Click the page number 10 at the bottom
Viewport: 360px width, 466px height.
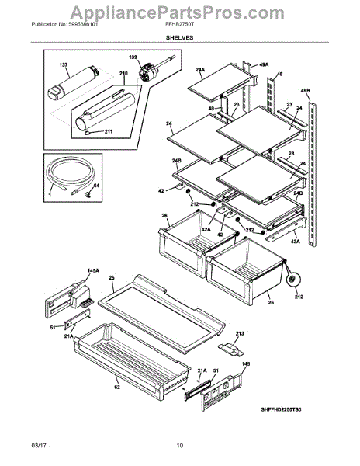pyautogui.click(x=179, y=445)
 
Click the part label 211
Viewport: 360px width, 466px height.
pyautogui.click(x=108, y=131)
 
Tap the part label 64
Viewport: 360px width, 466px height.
pyautogui.click(x=96, y=186)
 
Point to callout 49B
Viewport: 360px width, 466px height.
pyautogui.click(x=306, y=90)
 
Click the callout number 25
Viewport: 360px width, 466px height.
pyautogui.click(x=111, y=277)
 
